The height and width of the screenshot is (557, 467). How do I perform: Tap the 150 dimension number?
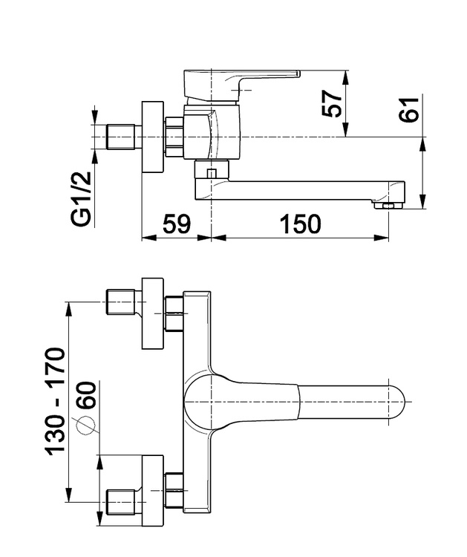[x=301, y=224]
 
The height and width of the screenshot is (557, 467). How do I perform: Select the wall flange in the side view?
[x=153, y=137]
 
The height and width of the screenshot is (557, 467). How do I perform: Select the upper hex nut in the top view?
[x=174, y=313]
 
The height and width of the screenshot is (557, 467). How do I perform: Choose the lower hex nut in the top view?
[x=174, y=490]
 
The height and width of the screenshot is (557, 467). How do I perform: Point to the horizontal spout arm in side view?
[x=304, y=186]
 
